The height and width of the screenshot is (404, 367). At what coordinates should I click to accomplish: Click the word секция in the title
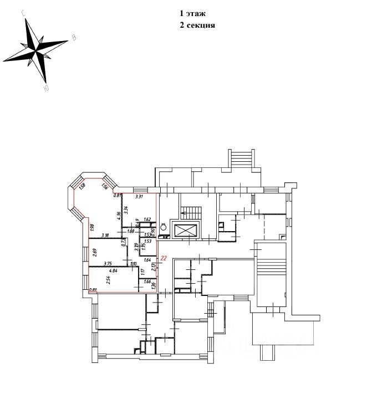(200, 25)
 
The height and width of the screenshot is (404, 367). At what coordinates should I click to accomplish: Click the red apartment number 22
(164, 258)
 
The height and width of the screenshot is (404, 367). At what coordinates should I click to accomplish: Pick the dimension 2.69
(95, 252)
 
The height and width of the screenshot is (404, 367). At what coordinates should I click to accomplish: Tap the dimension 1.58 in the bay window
(81, 186)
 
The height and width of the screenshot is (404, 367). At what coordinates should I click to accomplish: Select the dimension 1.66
(147, 282)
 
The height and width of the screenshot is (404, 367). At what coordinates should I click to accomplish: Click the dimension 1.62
(147, 220)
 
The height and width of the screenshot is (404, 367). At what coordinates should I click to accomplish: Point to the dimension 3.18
(104, 235)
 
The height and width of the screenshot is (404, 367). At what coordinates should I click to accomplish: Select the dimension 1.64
(147, 259)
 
